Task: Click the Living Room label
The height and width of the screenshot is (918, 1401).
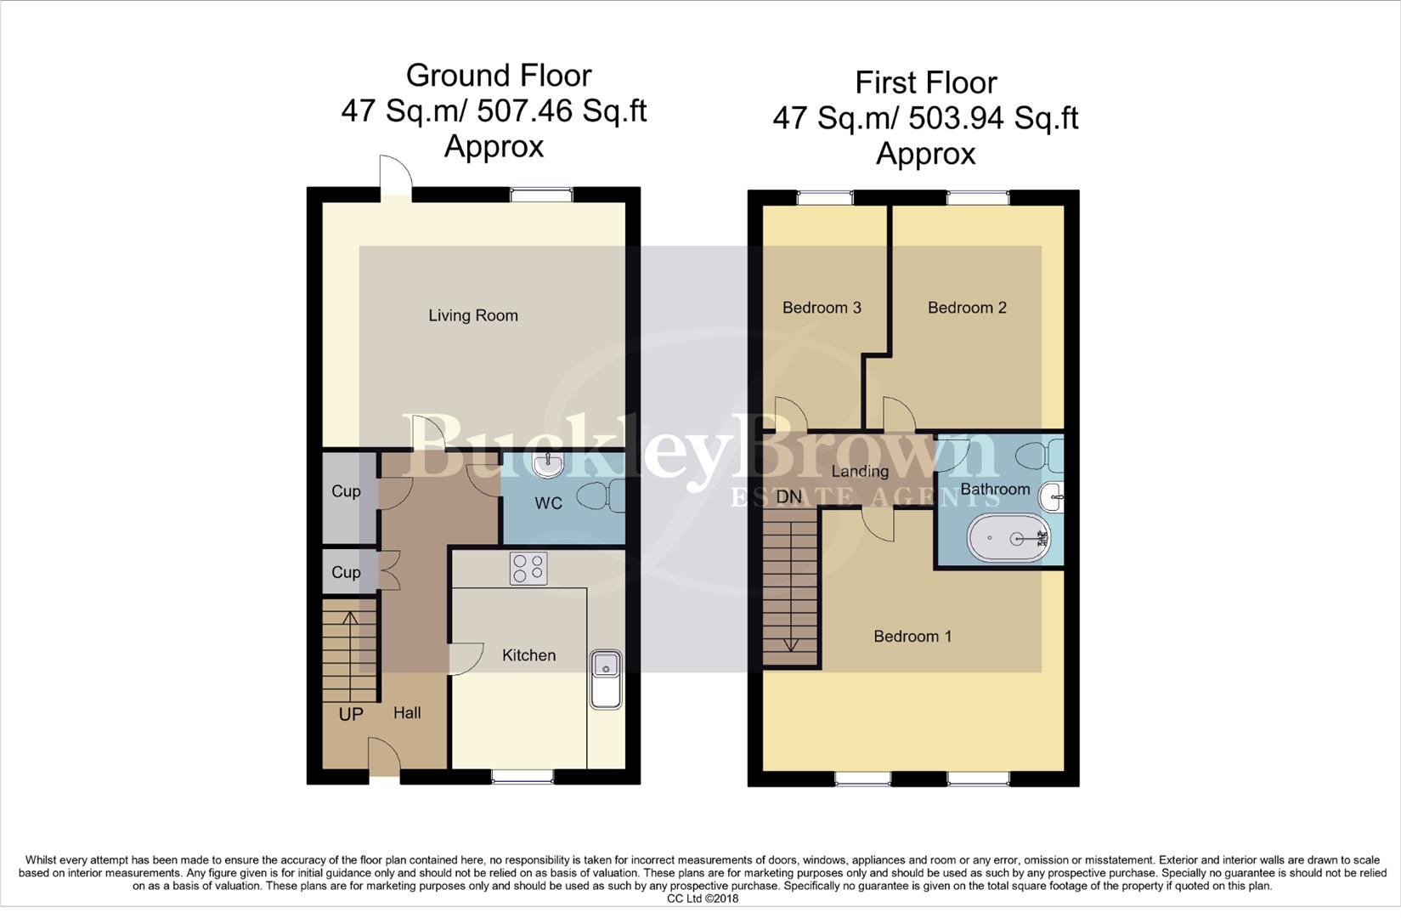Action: (x=472, y=315)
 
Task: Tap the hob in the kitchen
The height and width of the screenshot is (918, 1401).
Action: (x=528, y=569)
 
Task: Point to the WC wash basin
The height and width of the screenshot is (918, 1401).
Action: (x=548, y=463)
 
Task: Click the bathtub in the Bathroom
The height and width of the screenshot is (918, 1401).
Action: (x=1008, y=538)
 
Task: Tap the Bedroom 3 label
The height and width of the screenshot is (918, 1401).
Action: (x=822, y=308)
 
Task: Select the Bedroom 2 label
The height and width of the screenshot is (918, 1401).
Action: (x=967, y=308)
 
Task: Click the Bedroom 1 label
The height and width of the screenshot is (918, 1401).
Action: (x=912, y=636)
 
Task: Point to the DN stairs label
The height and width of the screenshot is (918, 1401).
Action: (x=788, y=496)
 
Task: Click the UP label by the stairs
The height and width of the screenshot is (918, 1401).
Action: (x=351, y=714)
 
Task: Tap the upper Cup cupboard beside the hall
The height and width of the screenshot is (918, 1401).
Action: (x=346, y=491)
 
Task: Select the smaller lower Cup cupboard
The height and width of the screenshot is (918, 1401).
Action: (x=346, y=572)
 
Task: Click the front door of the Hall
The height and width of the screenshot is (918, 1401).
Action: (x=384, y=757)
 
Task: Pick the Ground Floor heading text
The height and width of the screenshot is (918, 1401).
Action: (x=498, y=76)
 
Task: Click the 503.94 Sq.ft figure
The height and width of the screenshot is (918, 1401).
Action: (x=992, y=118)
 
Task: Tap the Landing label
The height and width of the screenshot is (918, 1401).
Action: (x=860, y=472)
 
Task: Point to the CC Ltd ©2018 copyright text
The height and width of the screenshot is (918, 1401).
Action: (x=702, y=898)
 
